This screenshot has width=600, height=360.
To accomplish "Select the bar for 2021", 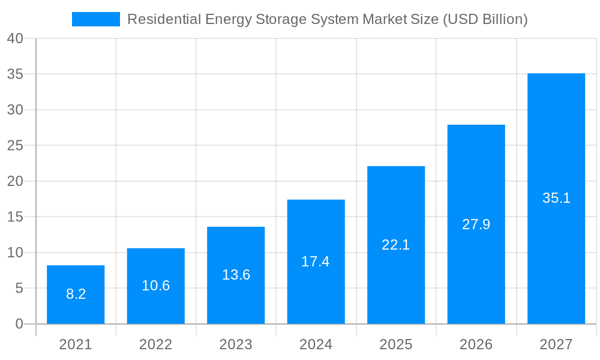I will click(x=76, y=295).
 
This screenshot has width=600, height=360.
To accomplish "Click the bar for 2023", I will click(x=236, y=275).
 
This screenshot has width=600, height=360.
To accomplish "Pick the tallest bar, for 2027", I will click(x=556, y=199).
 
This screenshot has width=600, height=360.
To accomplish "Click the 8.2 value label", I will click(x=76, y=294).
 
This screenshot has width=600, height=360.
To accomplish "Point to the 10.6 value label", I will click(x=156, y=286).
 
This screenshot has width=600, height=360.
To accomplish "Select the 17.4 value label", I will click(x=316, y=262).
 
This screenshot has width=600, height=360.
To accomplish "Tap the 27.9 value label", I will click(x=476, y=224).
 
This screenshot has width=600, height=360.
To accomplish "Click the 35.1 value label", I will click(x=556, y=198).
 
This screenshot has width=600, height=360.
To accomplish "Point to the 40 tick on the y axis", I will click(x=15, y=38).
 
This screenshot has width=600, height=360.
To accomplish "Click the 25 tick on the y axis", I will click(x=15, y=146).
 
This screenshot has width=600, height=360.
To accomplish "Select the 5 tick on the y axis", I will click(x=19, y=289).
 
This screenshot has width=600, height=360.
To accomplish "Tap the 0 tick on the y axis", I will click(x=19, y=324).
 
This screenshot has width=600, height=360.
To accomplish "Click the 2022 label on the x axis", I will click(x=156, y=344).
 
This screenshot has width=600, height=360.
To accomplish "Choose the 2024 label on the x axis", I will click(x=316, y=344).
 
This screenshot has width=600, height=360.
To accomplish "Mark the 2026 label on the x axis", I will click(x=476, y=344).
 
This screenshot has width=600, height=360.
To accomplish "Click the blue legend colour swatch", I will click(x=96, y=19).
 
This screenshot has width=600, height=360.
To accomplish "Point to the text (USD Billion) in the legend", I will click(x=485, y=19).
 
